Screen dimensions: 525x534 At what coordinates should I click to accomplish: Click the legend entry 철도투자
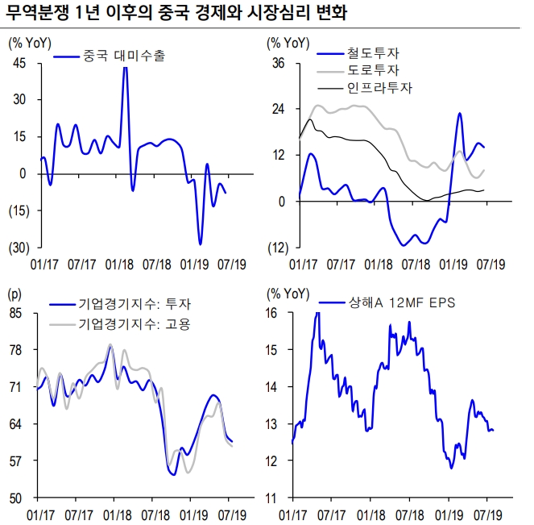click(374, 54)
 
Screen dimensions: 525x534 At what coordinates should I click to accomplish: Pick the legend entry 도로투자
click(374, 71)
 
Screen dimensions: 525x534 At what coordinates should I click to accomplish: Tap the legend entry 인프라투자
click(379, 88)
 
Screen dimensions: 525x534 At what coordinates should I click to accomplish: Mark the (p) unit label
click(15, 294)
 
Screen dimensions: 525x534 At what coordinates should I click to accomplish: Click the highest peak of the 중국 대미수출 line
click(125, 68)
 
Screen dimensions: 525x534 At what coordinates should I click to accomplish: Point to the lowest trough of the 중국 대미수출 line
click(200, 244)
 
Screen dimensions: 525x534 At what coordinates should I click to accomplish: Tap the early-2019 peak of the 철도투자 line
click(459, 114)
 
